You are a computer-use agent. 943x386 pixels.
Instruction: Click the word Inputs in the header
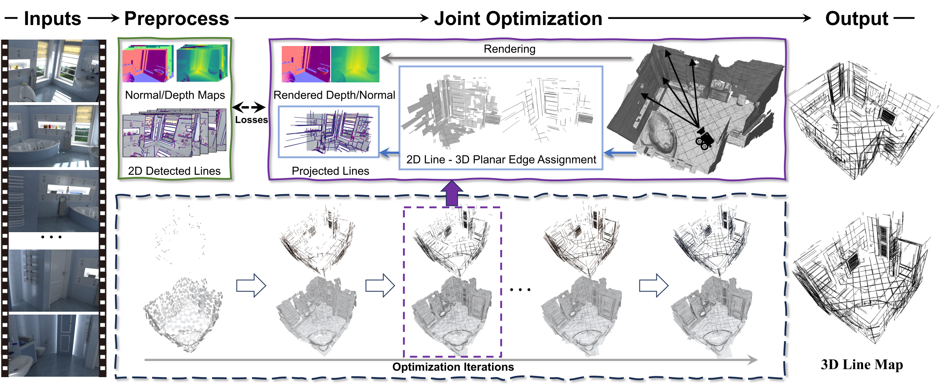(x=52, y=19)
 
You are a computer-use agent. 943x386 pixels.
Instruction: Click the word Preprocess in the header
(x=176, y=19)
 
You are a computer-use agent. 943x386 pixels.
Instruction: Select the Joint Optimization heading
(x=518, y=19)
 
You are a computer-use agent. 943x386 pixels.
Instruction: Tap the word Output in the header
(x=857, y=19)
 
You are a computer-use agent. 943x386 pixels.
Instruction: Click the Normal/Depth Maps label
(x=175, y=95)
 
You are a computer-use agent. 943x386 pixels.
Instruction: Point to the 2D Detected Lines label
(x=174, y=171)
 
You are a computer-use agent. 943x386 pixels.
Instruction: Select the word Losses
(x=251, y=120)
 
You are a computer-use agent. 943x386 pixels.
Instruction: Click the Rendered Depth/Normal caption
(x=334, y=95)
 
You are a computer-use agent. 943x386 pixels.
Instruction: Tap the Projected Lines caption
(x=330, y=171)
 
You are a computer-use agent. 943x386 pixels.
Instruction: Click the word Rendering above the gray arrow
(x=509, y=49)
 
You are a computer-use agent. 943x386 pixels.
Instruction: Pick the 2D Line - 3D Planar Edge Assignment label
(x=501, y=159)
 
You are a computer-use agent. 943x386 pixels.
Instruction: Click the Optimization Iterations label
(x=453, y=367)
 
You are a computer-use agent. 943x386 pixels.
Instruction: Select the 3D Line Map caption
(x=862, y=364)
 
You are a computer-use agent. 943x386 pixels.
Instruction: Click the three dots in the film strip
(x=51, y=237)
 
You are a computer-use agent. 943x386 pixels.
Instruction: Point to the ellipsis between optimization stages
(x=520, y=289)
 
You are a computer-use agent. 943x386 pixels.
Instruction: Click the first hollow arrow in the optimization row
(x=251, y=285)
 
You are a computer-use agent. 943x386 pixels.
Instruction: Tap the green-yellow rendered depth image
(x=355, y=64)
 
